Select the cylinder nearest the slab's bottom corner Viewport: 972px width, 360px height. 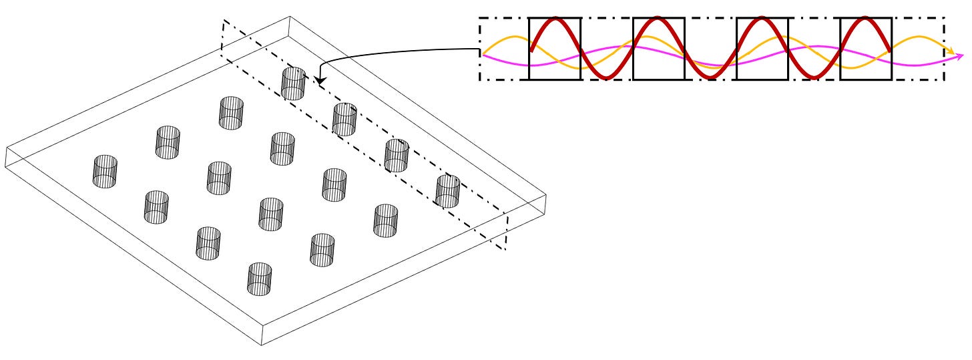coord(260,279)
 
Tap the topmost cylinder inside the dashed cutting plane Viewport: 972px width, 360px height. coord(293,83)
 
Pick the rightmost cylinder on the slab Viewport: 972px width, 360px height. coord(447,191)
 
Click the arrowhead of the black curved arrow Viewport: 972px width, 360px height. coord(318,81)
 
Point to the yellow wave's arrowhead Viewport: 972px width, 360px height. coord(950,51)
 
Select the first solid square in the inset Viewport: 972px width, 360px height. coord(555,49)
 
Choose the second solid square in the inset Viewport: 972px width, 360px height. coord(658,49)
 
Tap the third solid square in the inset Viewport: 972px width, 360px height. coord(762,49)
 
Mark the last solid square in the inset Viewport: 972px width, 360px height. coord(865,49)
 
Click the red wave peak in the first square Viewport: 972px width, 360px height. coord(555,19)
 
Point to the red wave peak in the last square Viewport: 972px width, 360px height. coord(865,19)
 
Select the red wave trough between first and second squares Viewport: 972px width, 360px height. coord(606,77)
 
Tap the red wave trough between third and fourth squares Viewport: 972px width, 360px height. coord(814,77)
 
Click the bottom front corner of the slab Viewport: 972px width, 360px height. coord(261,345)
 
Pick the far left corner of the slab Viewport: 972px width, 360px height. coord(5,148)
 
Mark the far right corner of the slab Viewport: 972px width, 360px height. coord(546,195)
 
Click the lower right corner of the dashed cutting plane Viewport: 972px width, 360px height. coord(505,250)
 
